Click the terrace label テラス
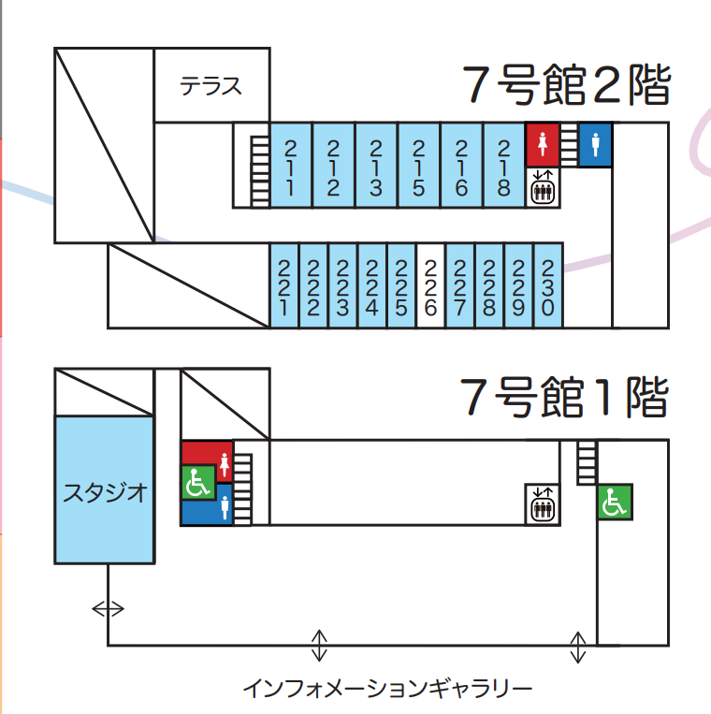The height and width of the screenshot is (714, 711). [x=211, y=87]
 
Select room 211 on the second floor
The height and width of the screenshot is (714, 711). [x=290, y=166]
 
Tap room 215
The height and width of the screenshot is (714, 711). [x=418, y=166]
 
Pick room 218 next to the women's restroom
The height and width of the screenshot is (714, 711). [x=503, y=166]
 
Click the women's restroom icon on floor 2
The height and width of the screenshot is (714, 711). [x=542, y=145]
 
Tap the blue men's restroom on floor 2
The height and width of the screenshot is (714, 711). [x=595, y=145]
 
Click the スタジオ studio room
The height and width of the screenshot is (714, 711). [x=105, y=491]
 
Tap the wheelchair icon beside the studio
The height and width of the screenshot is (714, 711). [x=198, y=484]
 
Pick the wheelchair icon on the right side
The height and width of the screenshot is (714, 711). [x=615, y=503]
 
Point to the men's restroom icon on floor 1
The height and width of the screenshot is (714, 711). [x=225, y=510]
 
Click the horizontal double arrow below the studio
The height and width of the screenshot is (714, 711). [x=108, y=609]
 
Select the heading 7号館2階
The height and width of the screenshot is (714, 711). [x=567, y=87]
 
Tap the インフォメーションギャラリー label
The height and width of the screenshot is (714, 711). [x=387, y=690]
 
